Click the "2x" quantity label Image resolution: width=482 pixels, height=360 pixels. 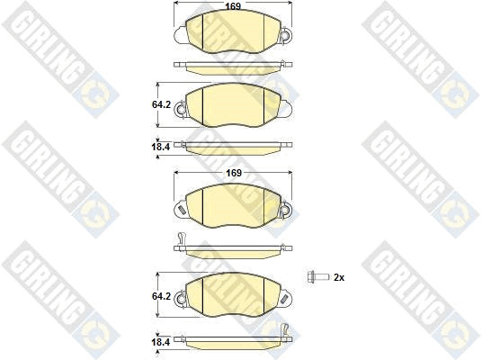339,277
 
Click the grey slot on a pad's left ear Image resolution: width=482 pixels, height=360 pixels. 182,211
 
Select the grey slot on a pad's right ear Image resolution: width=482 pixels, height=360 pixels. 285,299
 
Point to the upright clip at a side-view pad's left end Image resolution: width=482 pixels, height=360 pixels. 181,239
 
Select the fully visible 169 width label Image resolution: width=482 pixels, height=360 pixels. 234,173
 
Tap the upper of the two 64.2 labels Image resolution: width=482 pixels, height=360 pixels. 161,105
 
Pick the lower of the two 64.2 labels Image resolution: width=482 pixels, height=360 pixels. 161,296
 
